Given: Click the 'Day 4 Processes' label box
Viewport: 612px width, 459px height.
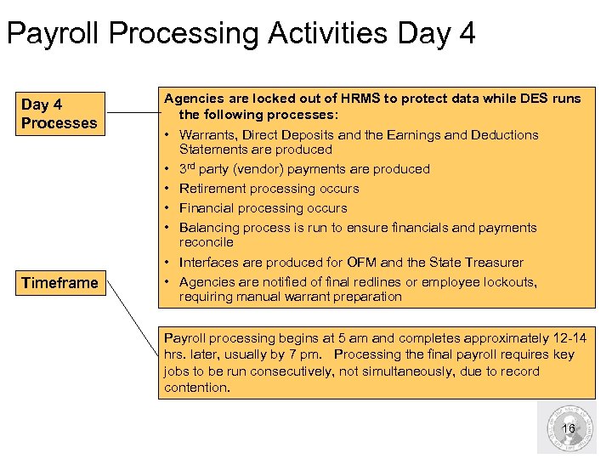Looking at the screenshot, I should tap(59, 114).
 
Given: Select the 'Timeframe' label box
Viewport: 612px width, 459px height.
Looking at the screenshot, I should tap(59, 282).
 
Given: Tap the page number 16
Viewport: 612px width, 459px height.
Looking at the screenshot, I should tap(569, 428).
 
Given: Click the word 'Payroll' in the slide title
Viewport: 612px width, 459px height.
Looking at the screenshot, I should tap(54, 33).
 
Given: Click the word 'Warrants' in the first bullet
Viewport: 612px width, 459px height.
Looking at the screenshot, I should tap(205, 134).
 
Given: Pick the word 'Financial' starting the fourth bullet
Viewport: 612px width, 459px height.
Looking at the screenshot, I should tap(207, 208).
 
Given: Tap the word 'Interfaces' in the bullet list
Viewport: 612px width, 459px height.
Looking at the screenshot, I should tap(209, 263).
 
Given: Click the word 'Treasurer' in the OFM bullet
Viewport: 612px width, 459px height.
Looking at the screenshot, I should tap(495, 263).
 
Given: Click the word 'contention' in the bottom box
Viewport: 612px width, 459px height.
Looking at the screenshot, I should tap(195, 388).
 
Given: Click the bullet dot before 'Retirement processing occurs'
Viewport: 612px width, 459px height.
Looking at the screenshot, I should tap(168, 189).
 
